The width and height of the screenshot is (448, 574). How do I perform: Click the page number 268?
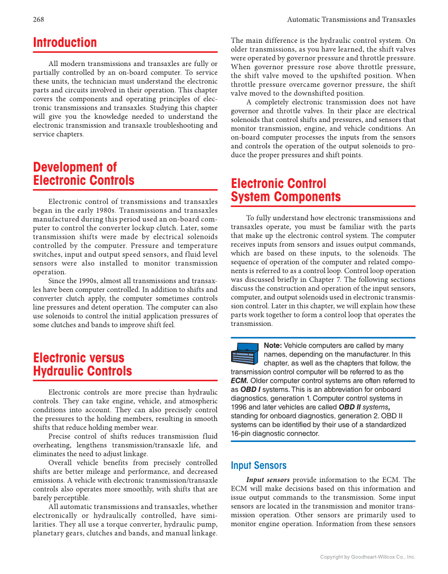coord(39,20)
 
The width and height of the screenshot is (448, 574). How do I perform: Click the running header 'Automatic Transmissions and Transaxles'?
coord(351,20)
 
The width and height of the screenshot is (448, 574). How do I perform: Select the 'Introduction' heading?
coord(65,43)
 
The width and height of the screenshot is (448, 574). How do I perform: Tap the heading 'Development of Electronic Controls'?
coord(83,174)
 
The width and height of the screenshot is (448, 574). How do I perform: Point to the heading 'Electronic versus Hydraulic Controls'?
coord(82,364)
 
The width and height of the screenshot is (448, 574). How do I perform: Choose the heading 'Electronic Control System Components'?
coord(285,190)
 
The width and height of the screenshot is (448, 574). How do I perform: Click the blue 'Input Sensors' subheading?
coord(259,465)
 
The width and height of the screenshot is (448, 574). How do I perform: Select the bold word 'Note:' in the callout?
coord(273,346)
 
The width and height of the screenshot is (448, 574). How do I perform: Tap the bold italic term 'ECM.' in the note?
coord(240,380)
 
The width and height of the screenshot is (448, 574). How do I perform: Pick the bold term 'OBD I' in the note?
coord(250,389)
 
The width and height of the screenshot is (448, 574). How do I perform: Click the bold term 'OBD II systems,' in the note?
coord(365,407)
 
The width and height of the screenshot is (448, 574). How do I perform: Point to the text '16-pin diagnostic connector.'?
coord(275,434)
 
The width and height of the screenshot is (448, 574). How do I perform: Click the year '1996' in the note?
coord(240,407)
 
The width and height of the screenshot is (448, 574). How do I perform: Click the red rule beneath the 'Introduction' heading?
coord(125,52)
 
